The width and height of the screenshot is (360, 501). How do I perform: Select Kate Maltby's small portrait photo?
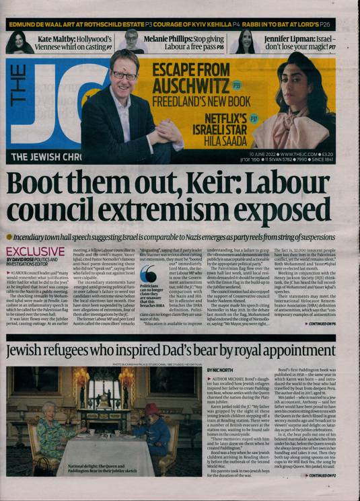(x=19, y=42)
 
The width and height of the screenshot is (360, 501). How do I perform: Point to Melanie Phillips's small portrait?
(x=132, y=42)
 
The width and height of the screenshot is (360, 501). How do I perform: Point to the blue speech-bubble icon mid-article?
(x=148, y=274)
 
